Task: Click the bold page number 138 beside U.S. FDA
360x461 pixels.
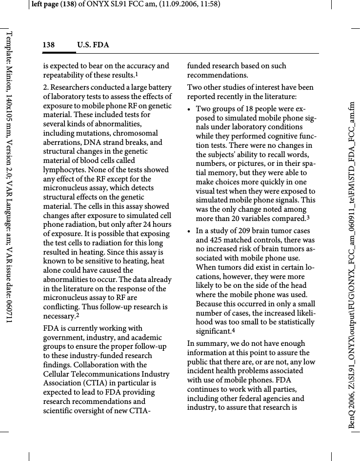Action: (48, 45)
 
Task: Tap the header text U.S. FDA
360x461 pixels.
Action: (93, 45)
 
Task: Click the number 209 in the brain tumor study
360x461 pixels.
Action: (241, 231)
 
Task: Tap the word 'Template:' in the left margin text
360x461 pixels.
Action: (9, 46)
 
